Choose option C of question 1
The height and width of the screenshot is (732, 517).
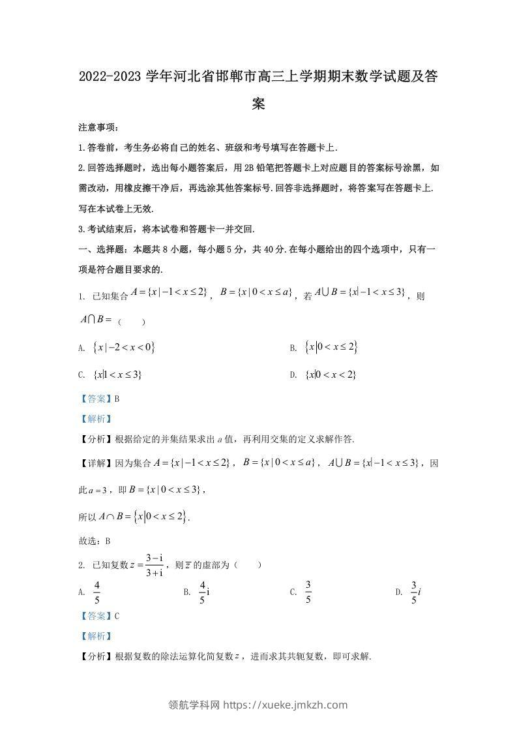point(118,374)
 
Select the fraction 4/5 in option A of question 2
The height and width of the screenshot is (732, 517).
point(97,592)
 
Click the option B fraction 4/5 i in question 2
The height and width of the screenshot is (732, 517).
point(204,592)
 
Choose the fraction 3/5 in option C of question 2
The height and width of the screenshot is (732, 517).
point(308,592)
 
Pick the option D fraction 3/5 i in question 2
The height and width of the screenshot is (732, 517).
point(415,592)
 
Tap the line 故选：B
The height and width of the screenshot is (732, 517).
point(94,541)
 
